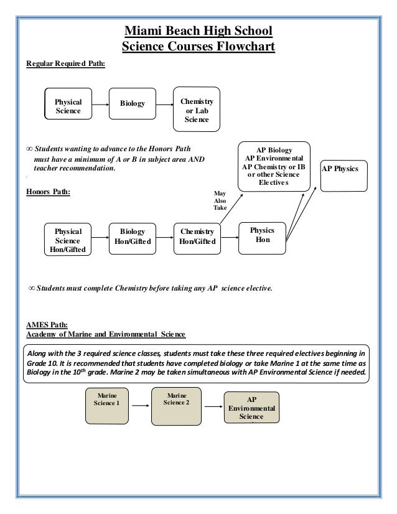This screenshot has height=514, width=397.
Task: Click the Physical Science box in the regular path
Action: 68,106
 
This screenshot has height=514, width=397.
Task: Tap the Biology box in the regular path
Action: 132,103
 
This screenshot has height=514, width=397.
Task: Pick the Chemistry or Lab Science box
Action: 196,110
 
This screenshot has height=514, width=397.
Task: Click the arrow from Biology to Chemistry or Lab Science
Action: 164,105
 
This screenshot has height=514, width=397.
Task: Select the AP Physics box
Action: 344,168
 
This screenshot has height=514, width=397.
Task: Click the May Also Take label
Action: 220,203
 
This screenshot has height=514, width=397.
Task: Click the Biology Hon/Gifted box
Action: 133,236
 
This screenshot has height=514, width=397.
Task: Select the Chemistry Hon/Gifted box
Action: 196,236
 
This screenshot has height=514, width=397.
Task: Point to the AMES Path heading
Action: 47,324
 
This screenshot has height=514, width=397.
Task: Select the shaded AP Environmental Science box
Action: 251,408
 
